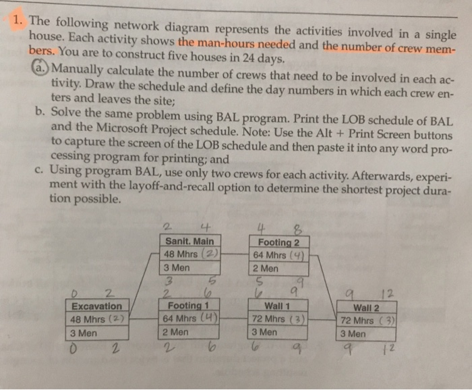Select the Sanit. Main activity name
click(189, 242)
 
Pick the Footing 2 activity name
click(278, 242)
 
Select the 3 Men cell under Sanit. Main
click(179, 268)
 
